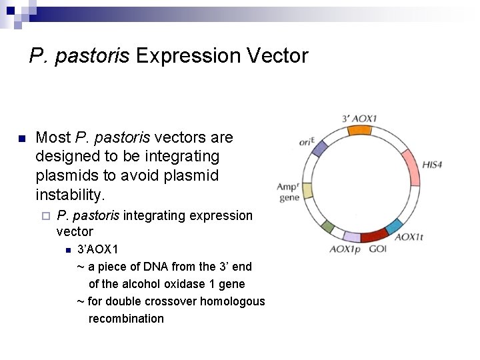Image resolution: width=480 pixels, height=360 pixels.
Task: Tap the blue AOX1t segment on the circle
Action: point(394,226)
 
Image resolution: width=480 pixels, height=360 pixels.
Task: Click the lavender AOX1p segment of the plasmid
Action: point(351,237)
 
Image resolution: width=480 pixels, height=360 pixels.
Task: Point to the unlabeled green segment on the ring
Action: point(327,226)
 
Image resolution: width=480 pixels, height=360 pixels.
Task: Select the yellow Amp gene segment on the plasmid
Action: point(307,191)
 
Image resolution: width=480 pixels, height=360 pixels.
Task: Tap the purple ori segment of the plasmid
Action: point(319,148)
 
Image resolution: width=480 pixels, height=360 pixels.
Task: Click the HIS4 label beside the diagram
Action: point(433,164)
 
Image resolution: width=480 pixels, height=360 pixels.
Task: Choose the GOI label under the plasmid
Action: point(377,249)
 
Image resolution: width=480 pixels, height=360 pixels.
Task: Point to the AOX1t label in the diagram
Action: point(409,237)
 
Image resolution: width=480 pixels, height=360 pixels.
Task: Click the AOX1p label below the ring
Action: point(344,249)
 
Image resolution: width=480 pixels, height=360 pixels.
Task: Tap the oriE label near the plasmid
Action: point(307,141)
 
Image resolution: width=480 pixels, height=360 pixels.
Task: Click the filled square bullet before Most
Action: point(21,139)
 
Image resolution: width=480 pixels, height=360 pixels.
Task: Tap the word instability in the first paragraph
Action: point(70,195)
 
